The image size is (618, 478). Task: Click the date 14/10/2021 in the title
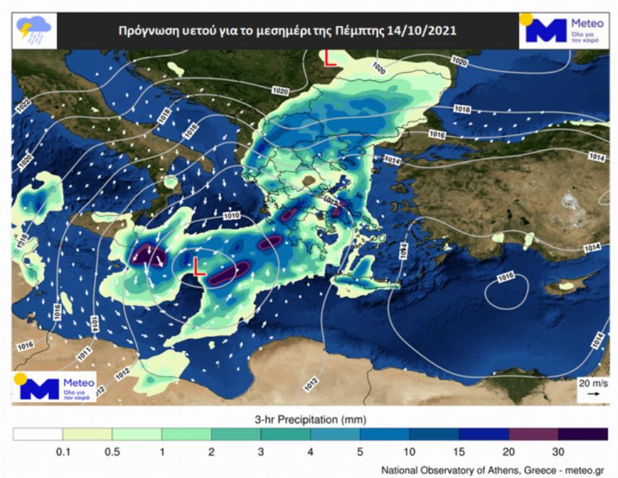pos(424,32)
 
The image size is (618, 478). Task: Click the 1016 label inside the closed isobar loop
pos(506,277)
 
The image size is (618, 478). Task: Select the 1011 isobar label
pos(83,355)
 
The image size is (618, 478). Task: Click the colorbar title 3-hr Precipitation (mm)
pos(310,419)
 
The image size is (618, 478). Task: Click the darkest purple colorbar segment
pos(582,433)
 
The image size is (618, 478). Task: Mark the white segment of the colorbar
pos(38,433)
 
